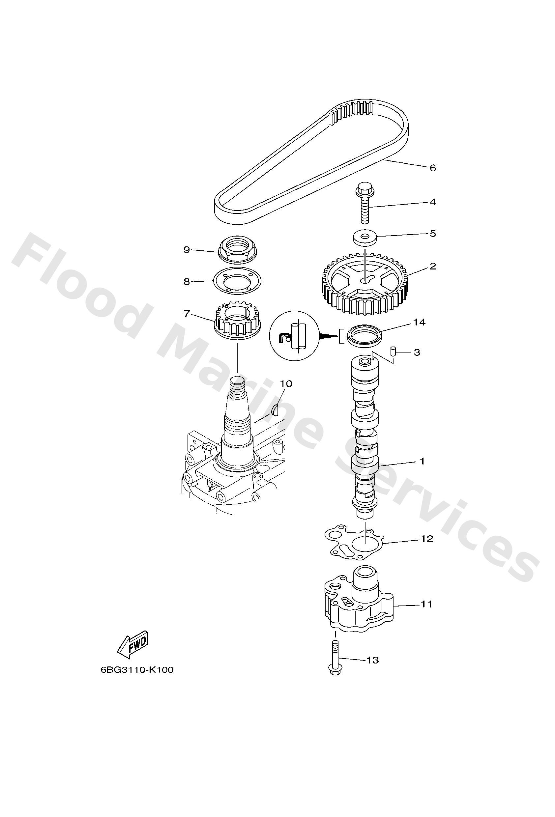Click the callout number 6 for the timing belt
[433, 168]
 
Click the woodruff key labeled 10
[276, 409]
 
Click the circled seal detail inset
[293, 335]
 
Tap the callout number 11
[426, 604]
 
